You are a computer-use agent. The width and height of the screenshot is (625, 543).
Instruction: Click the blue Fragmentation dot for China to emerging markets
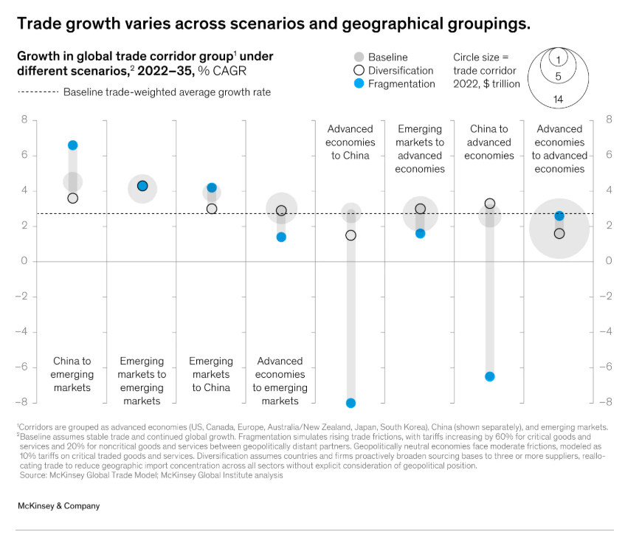pyautogui.click(x=72, y=145)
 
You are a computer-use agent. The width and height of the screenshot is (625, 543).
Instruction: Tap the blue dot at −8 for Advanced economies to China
pyautogui.click(x=351, y=403)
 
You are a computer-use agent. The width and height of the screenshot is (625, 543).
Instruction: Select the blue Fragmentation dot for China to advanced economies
pyautogui.click(x=489, y=376)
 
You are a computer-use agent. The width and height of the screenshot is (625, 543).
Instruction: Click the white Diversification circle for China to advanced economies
pyautogui.click(x=489, y=203)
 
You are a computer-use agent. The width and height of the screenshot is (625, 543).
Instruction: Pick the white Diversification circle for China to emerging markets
pyautogui.click(x=72, y=198)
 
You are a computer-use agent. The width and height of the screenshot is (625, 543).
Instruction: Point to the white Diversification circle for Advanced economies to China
pyautogui.click(x=351, y=235)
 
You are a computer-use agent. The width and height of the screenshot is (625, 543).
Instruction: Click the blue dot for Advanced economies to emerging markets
pyautogui.click(x=281, y=237)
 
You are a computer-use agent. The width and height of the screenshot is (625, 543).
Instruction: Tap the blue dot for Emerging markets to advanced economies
pyautogui.click(x=420, y=233)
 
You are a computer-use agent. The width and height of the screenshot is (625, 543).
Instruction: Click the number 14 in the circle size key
pyautogui.click(x=559, y=99)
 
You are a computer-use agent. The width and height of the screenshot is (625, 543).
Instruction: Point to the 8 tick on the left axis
pyautogui.click(x=24, y=120)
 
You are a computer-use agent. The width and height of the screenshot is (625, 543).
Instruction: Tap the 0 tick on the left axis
pyautogui.click(x=24, y=261)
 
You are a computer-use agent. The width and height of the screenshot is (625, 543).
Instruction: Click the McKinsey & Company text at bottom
pyautogui.click(x=58, y=506)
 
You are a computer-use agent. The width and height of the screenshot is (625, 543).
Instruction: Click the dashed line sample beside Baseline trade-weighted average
pyautogui.click(x=36, y=92)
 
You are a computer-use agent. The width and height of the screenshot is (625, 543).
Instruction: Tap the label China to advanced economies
pyautogui.click(x=489, y=142)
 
